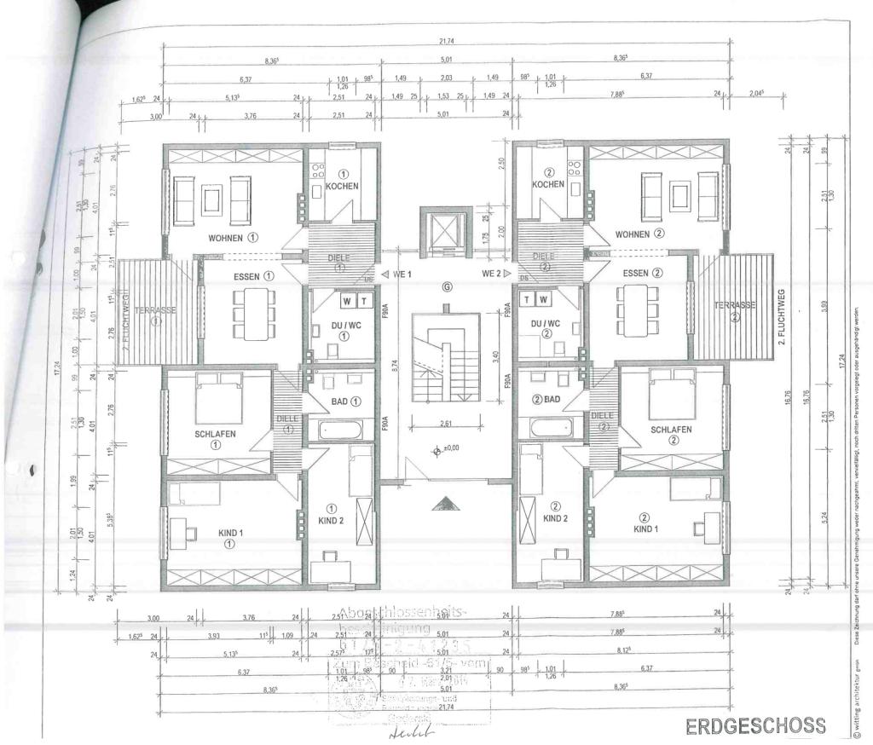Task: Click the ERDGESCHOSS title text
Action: (x=755, y=725)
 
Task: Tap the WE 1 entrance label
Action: (x=398, y=274)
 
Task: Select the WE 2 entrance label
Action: (x=494, y=274)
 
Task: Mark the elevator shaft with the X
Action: (x=446, y=229)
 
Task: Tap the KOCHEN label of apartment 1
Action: (x=342, y=186)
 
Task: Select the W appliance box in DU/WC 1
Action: (x=348, y=300)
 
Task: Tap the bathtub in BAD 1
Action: (x=340, y=428)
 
